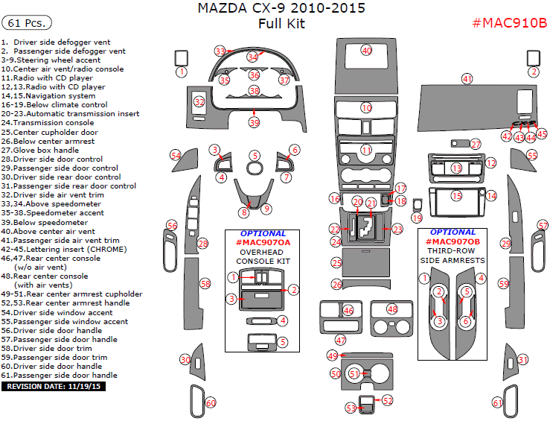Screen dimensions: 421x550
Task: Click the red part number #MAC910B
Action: [509, 22]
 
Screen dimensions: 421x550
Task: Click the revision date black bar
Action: [54, 387]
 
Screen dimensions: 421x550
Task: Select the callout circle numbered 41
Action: [467, 78]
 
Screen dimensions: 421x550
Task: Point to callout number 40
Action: [366, 50]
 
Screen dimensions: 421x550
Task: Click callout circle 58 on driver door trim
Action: [205, 284]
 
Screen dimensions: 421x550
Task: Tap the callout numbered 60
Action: [211, 403]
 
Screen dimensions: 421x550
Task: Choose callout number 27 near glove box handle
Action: [476, 144]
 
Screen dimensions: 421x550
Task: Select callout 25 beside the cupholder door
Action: [336, 263]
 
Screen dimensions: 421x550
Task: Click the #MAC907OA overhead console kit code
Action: [263, 243]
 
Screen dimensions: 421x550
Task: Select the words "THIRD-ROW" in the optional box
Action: [452, 252]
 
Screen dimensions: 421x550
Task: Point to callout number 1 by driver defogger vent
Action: [182, 72]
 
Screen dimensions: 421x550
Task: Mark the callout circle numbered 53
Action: [350, 408]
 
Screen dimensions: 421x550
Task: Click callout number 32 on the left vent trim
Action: [199, 101]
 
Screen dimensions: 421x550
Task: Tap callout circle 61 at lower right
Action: [497, 403]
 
